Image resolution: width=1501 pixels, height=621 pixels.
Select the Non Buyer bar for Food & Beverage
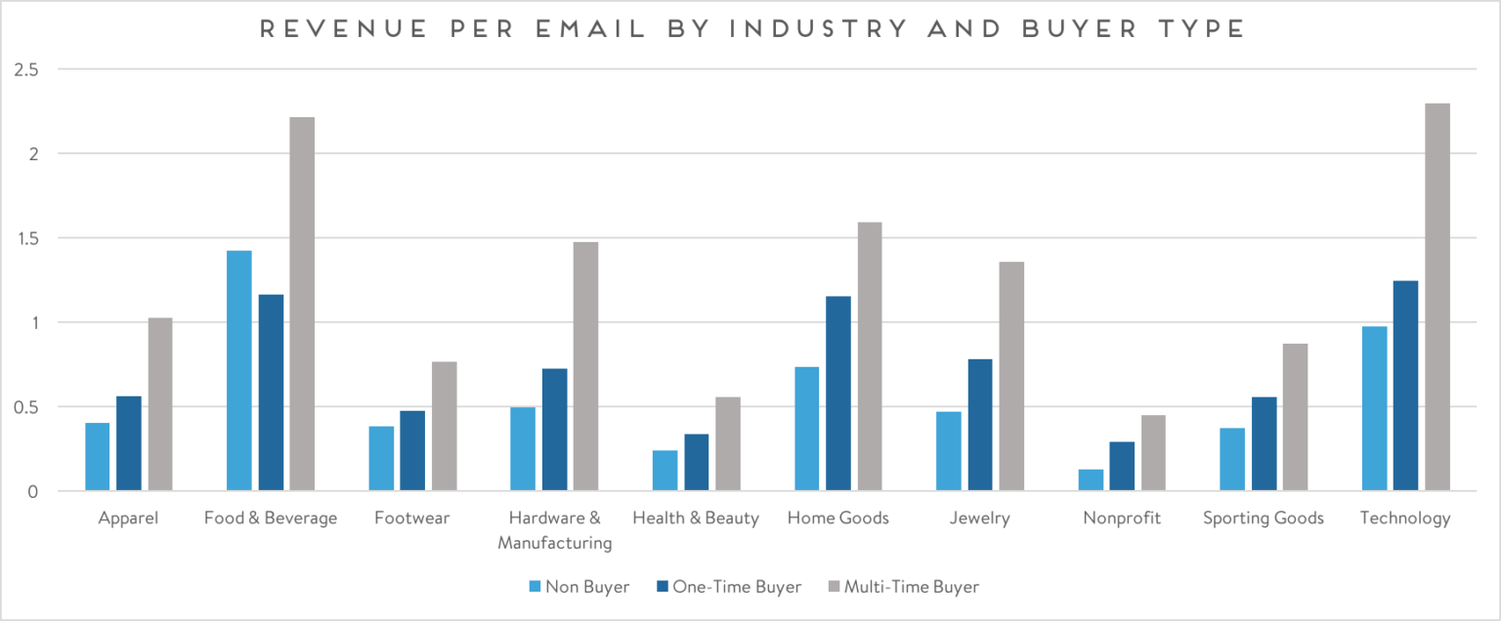tap(239, 371)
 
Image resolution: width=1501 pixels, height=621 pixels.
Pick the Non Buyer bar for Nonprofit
tap(1091, 480)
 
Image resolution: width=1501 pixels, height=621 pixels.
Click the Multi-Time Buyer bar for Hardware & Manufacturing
tap(585, 366)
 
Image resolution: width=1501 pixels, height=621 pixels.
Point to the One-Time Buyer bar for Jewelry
tap(980, 425)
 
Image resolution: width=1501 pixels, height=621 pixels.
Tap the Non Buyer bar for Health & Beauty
tap(665, 471)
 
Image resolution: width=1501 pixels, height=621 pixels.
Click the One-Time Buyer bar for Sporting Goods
tap(1264, 443)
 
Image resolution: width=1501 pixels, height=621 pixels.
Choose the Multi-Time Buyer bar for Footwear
tap(444, 426)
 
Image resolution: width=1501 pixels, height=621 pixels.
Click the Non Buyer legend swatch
tap(535, 587)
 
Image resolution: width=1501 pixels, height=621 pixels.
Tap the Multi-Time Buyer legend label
tap(911, 587)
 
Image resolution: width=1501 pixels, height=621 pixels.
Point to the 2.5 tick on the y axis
tap(25, 70)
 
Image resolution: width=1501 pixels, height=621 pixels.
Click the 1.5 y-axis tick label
tap(25, 238)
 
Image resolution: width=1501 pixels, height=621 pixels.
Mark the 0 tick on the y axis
tap(33, 491)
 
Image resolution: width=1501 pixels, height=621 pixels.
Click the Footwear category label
tap(411, 518)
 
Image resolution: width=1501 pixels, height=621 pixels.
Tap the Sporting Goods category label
tap(1264, 518)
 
